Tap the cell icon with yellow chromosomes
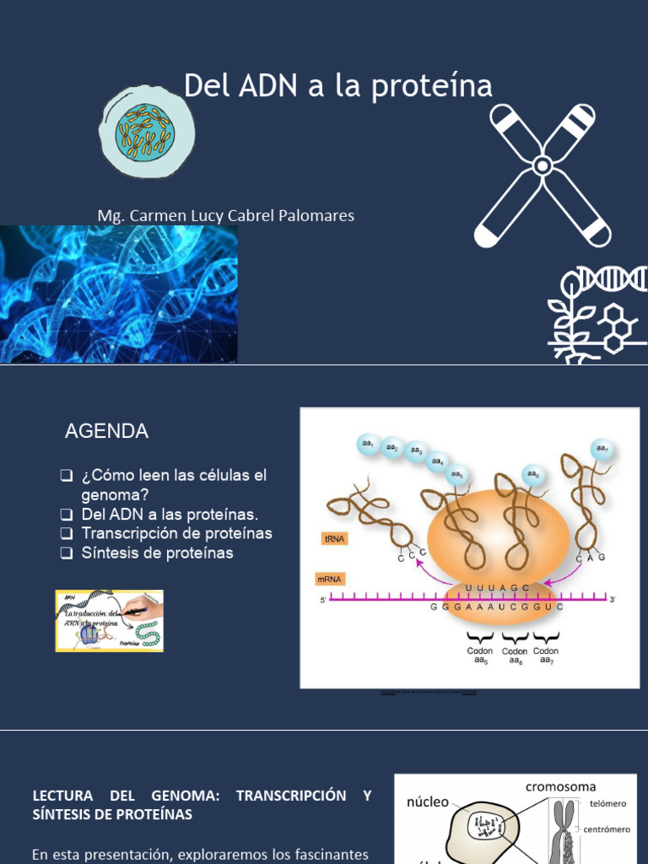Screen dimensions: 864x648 coord(147,132)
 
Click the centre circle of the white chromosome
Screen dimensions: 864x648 coord(543,165)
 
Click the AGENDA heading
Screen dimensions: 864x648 coord(106,431)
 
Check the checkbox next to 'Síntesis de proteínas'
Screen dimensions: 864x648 coord(67,553)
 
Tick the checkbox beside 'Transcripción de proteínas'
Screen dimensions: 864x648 coord(67,534)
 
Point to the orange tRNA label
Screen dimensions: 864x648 coord(335,537)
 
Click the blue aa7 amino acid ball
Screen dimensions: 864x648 coord(602,448)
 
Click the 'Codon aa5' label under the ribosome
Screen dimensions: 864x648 coord(480,656)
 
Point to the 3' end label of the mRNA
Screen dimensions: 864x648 coord(613,599)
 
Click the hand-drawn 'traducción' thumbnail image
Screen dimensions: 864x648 coord(110,621)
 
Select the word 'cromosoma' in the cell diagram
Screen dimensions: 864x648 coord(560,787)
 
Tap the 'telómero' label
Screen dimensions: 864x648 coord(607,803)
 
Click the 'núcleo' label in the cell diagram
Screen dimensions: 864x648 coord(428,802)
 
